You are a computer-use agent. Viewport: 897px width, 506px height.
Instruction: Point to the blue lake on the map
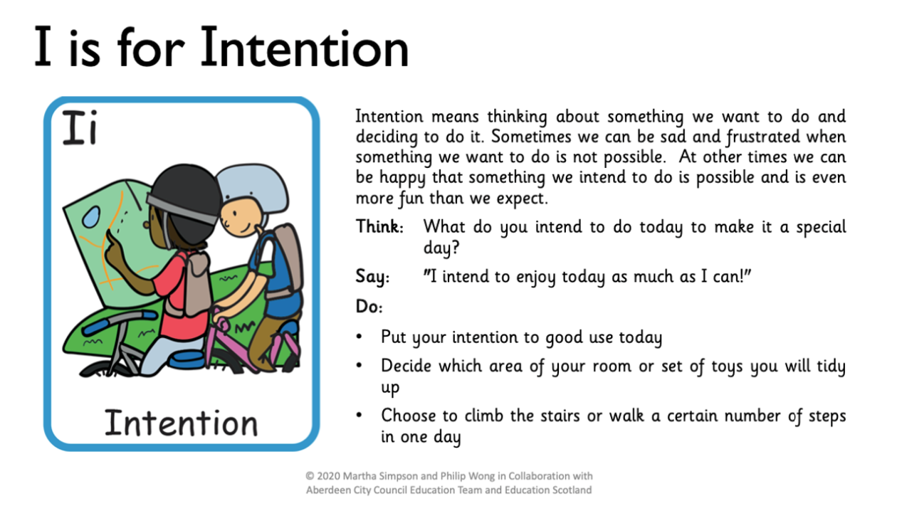(x=91, y=217)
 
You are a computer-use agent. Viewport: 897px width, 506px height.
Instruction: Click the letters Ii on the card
(x=80, y=127)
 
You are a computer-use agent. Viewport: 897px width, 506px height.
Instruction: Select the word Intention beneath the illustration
(x=181, y=423)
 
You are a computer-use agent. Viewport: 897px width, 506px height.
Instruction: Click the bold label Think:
(x=379, y=226)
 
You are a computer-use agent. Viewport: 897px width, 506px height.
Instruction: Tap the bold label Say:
(x=372, y=277)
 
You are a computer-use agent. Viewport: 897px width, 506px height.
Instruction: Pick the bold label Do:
(x=369, y=307)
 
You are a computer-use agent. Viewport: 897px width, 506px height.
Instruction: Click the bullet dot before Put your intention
(x=359, y=337)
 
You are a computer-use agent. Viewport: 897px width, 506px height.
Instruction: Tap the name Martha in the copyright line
(x=358, y=476)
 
